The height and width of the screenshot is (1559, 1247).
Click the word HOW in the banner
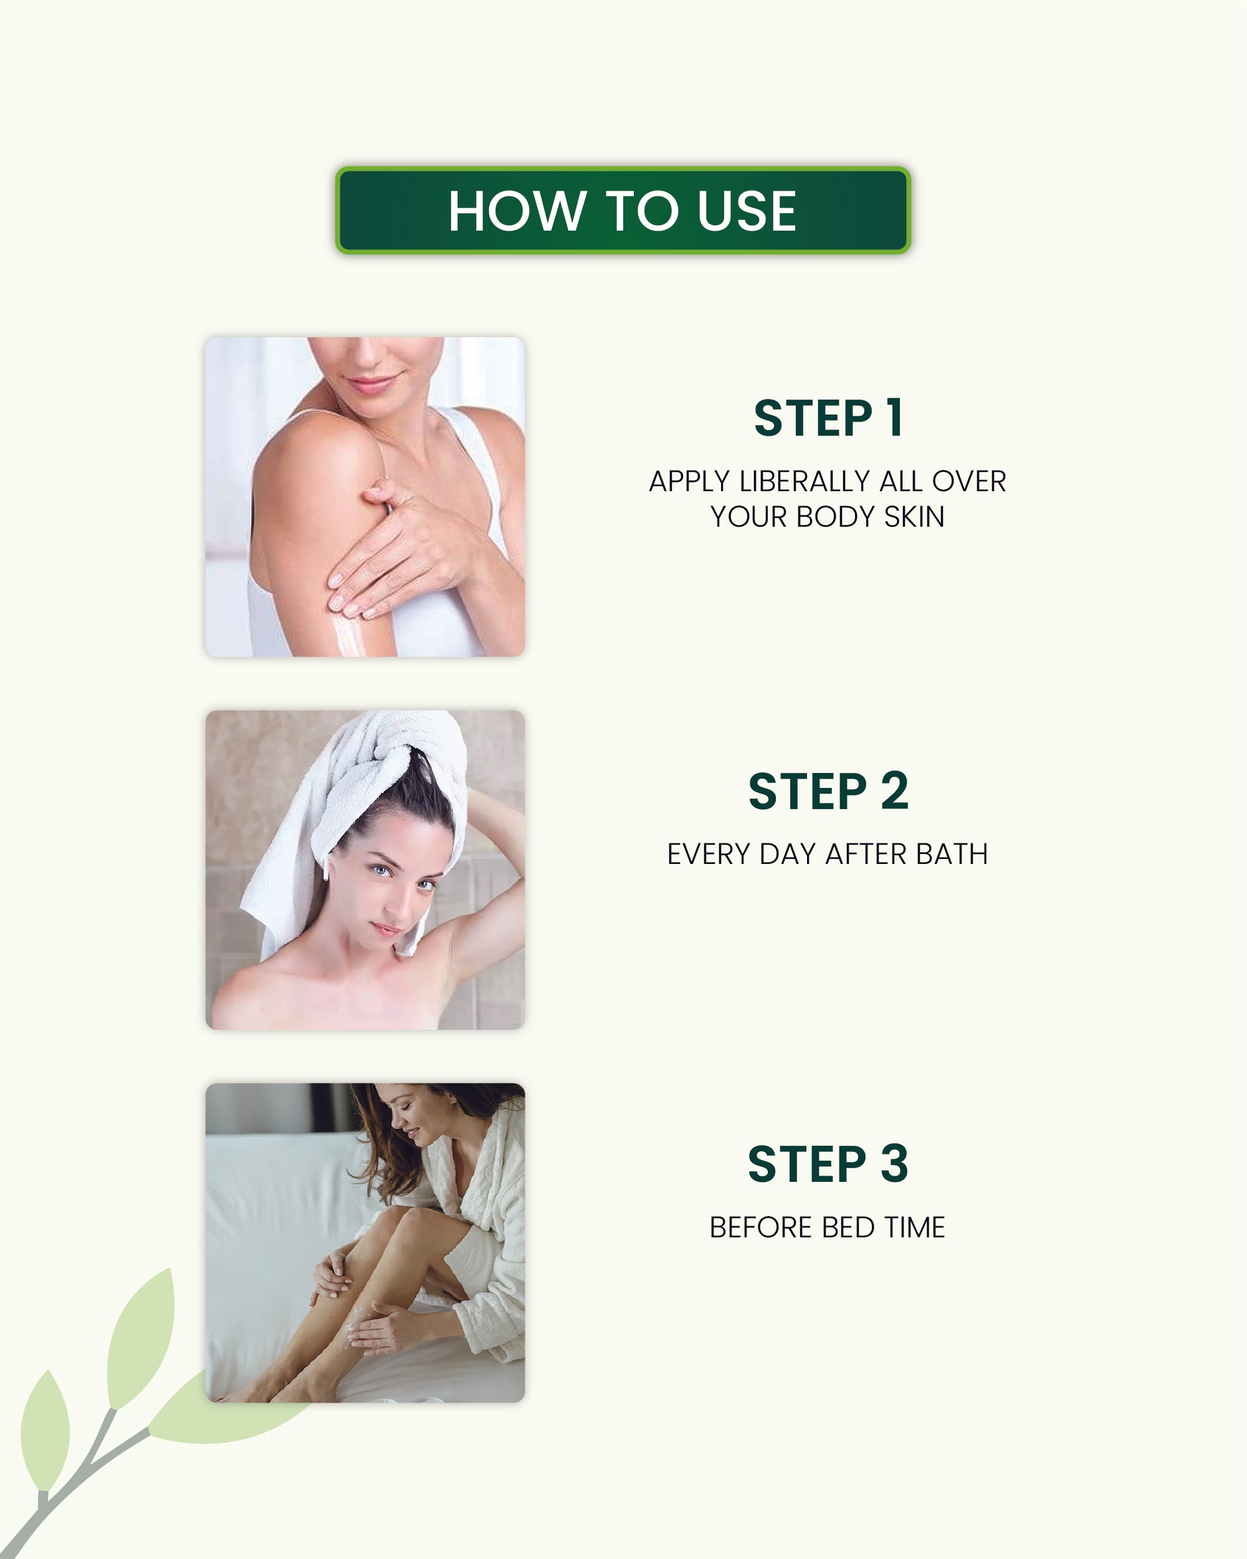pyautogui.click(x=517, y=211)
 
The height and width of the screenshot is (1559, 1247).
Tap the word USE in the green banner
pyautogui.click(x=747, y=211)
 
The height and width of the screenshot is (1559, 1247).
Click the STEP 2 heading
pyautogui.click(x=828, y=791)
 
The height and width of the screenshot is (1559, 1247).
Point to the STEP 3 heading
pyautogui.click(x=828, y=1164)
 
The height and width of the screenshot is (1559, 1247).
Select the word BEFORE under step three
pyautogui.click(x=760, y=1227)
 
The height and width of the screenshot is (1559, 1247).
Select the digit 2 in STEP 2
pyautogui.click(x=894, y=791)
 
